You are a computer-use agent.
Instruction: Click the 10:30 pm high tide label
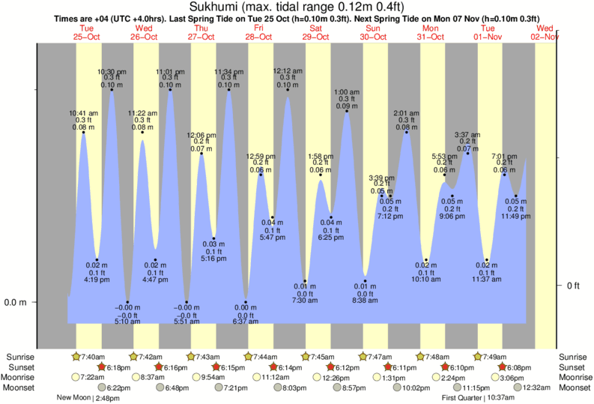pos(112,71)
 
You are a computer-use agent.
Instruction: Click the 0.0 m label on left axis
pos(16,303)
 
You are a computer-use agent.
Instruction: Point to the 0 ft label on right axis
pos(572,286)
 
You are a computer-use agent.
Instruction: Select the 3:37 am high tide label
pos(468,135)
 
